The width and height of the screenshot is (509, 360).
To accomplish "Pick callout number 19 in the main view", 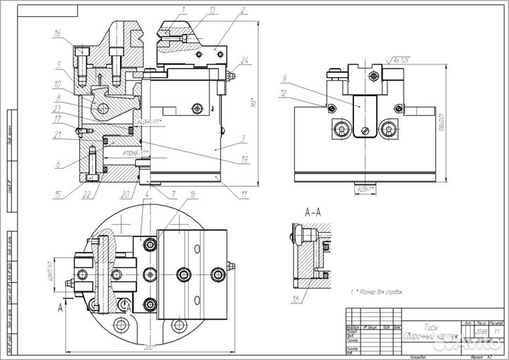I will tap(244, 159).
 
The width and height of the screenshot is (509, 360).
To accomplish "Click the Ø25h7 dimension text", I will tap(364, 190).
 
